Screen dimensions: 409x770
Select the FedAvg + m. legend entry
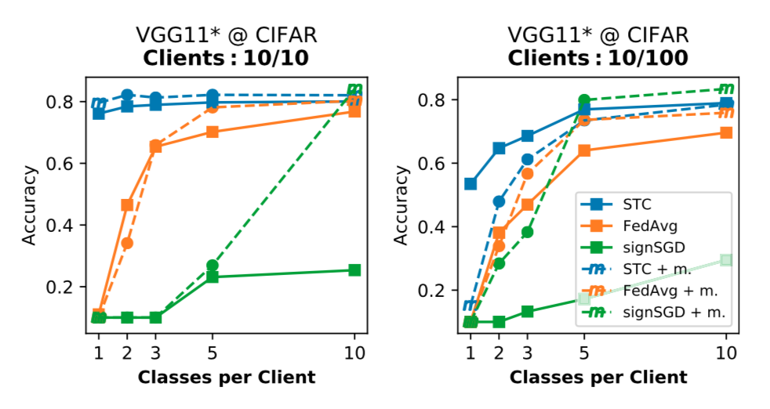pyautogui.click(x=655, y=291)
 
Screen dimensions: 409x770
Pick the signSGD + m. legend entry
pyautogui.click(x=659, y=313)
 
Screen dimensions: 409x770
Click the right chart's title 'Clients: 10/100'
pyautogui.click(x=598, y=57)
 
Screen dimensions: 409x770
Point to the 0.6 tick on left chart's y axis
pyautogui.click(x=65, y=164)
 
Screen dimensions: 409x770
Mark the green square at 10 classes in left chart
pyautogui.click(x=354, y=270)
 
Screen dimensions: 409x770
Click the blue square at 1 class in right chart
pyautogui.click(x=470, y=184)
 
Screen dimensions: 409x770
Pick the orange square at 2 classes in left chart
pyautogui.click(x=127, y=204)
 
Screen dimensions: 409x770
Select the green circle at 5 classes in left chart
pyautogui.click(x=212, y=266)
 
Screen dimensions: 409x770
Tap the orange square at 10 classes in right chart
pyautogui.click(x=726, y=133)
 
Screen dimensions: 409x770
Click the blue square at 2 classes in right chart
pyautogui.click(x=499, y=148)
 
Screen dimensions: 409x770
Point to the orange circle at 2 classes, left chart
pyautogui.click(x=127, y=243)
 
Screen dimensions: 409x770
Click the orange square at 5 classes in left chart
pyautogui.click(x=212, y=132)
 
